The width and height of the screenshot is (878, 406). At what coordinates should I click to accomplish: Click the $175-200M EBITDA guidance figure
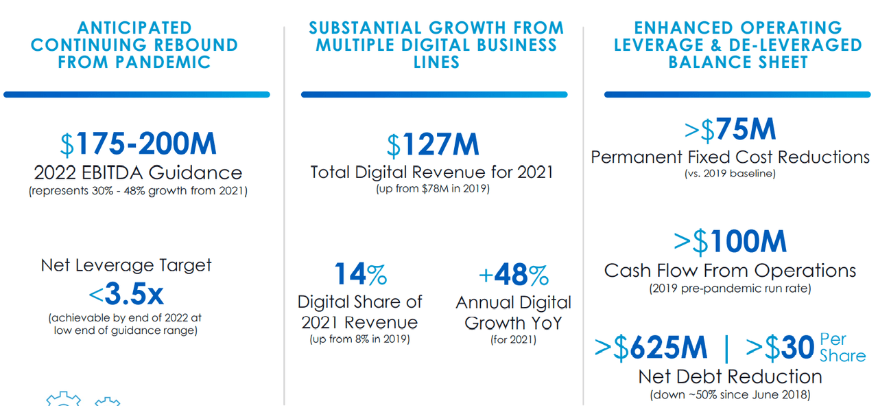point(138,144)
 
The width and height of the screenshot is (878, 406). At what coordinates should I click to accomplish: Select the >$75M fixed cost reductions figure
point(730,130)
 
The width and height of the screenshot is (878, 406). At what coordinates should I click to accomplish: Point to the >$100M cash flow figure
point(730,242)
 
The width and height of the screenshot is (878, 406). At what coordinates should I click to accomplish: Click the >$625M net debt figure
point(650,348)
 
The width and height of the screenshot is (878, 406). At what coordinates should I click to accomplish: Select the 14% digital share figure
point(360,274)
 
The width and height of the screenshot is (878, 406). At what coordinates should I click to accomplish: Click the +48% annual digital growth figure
point(513,275)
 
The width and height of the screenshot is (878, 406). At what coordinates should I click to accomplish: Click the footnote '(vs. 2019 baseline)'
point(730,174)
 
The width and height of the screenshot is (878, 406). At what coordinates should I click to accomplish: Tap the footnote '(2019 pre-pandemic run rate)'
point(730,289)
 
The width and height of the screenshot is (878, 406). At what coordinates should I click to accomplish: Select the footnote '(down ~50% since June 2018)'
point(730,394)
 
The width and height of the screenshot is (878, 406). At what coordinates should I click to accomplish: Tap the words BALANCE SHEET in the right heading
point(738,62)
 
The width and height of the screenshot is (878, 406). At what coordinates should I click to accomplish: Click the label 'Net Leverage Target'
point(126,265)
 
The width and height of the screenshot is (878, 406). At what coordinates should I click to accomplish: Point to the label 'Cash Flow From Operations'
point(730,271)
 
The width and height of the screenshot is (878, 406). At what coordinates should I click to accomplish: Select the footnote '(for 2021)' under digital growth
point(513,339)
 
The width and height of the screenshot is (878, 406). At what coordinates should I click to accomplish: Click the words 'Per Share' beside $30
point(842,348)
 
